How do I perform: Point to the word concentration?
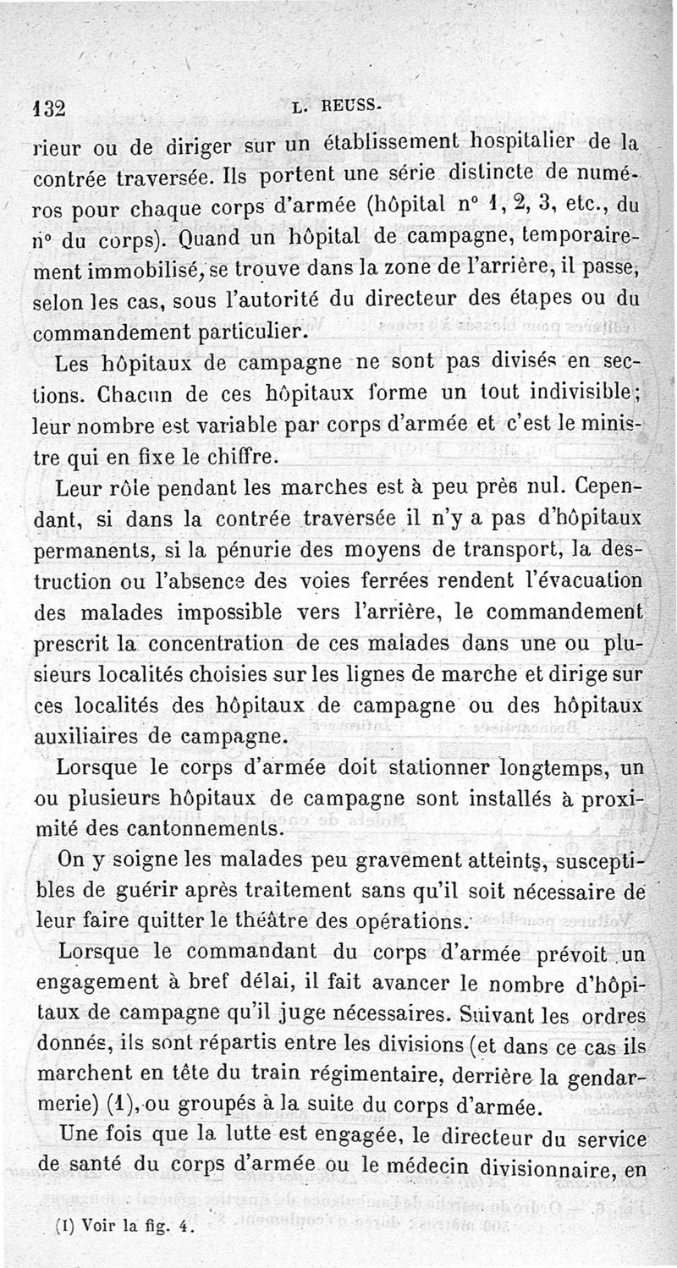(x=235, y=646)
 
